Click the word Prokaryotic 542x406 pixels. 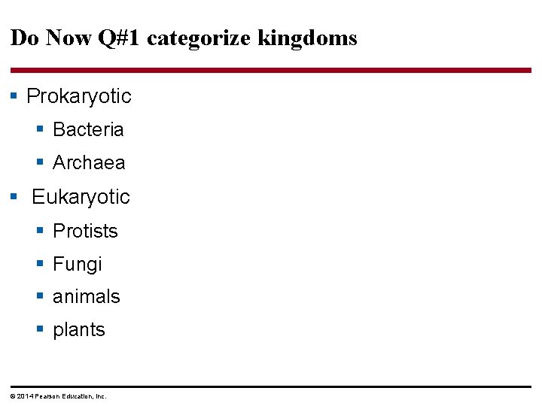(x=78, y=96)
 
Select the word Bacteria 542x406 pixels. (x=88, y=129)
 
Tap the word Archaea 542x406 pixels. (x=89, y=162)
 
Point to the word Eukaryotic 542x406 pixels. (x=81, y=197)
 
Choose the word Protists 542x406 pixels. (x=85, y=231)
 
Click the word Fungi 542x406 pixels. (x=77, y=264)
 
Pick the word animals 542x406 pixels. (x=86, y=297)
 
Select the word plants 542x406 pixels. (x=78, y=330)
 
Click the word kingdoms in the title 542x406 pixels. (x=307, y=38)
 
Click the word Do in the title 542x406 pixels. (x=24, y=38)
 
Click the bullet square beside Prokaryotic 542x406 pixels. (x=14, y=96)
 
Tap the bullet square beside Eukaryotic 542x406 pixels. (x=14, y=197)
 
